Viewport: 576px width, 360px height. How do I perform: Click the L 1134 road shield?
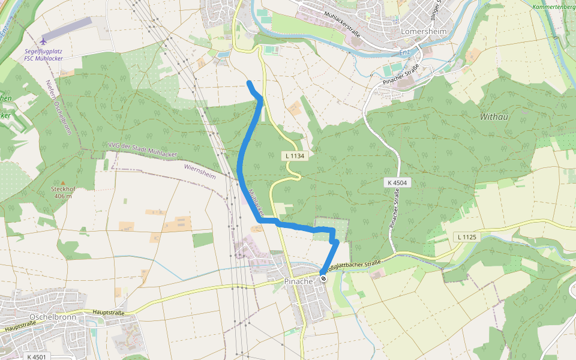tap(295, 155)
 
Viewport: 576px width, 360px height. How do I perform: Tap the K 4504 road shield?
tap(397, 182)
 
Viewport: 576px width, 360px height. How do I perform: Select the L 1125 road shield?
tap(466, 238)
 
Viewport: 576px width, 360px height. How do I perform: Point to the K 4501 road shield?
tap(37, 357)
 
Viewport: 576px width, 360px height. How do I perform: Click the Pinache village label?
tap(298, 281)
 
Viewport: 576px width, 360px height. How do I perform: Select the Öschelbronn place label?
tap(51, 316)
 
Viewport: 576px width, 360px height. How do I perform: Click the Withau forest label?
tap(494, 116)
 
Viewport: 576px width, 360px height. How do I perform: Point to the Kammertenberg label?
tap(553, 7)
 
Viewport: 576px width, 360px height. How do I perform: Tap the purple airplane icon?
tap(44, 41)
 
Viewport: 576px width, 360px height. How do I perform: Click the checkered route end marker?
tap(323, 278)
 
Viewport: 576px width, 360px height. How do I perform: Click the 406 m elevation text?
tap(62, 196)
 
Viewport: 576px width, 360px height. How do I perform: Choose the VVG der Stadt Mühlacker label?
tap(143, 149)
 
